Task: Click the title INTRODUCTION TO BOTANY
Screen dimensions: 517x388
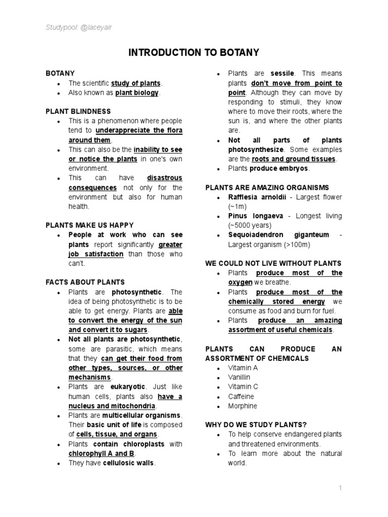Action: pyautogui.click(x=193, y=53)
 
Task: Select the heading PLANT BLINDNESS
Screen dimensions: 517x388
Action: pyautogui.click(x=78, y=112)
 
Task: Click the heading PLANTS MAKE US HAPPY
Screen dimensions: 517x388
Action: pyautogui.click(x=89, y=225)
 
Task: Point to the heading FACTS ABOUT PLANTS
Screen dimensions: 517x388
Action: pyautogui.click(x=85, y=282)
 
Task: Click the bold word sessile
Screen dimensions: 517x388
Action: pyautogui.click(x=282, y=74)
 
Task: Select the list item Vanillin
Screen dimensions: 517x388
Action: pyautogui.click(x=239, y=377)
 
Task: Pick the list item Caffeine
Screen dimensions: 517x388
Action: pyautogui.click(x=241, y=396)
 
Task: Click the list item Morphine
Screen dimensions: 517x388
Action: pyautogui.click(x=243, y=406)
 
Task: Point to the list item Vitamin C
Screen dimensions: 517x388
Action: pyautogui.click(x=243, y=387)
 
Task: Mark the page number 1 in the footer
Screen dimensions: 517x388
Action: pyautogui.click(x=341, y=488)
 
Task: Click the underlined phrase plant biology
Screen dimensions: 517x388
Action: pyautogui.click(x=137, y=93)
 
